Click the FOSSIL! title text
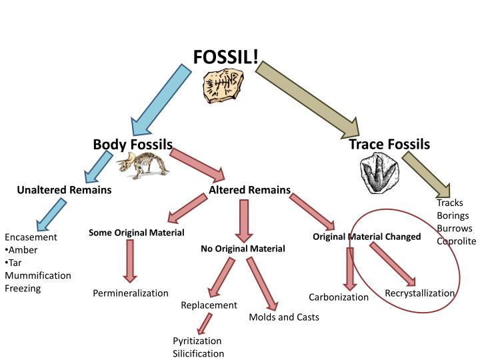click(x=226, y=57)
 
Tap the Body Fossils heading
click(x=133, y=144)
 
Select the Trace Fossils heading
click(x=389, y=144)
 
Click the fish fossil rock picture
click(x=223, y=87)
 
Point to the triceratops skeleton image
click(x=142, y=165)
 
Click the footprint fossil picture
click(x=380, y=175)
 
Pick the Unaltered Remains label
click(x=64, y=191)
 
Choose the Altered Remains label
click(x=250, y=191)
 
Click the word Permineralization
click(x=131, y=293)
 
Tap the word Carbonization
click(x=339, y=297)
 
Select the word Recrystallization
click(x=420, y=293)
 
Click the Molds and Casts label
click(x=284, y=317)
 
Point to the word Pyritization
click(x=197, y=341)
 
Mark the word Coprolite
click(x=457, y=241)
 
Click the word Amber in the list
click(x=23, y=250)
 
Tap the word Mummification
click(x=38, y=275)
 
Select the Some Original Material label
click(x=137, y=233)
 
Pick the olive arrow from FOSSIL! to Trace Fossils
click(x=307, y=94)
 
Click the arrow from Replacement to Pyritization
click(x=205, y=323)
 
